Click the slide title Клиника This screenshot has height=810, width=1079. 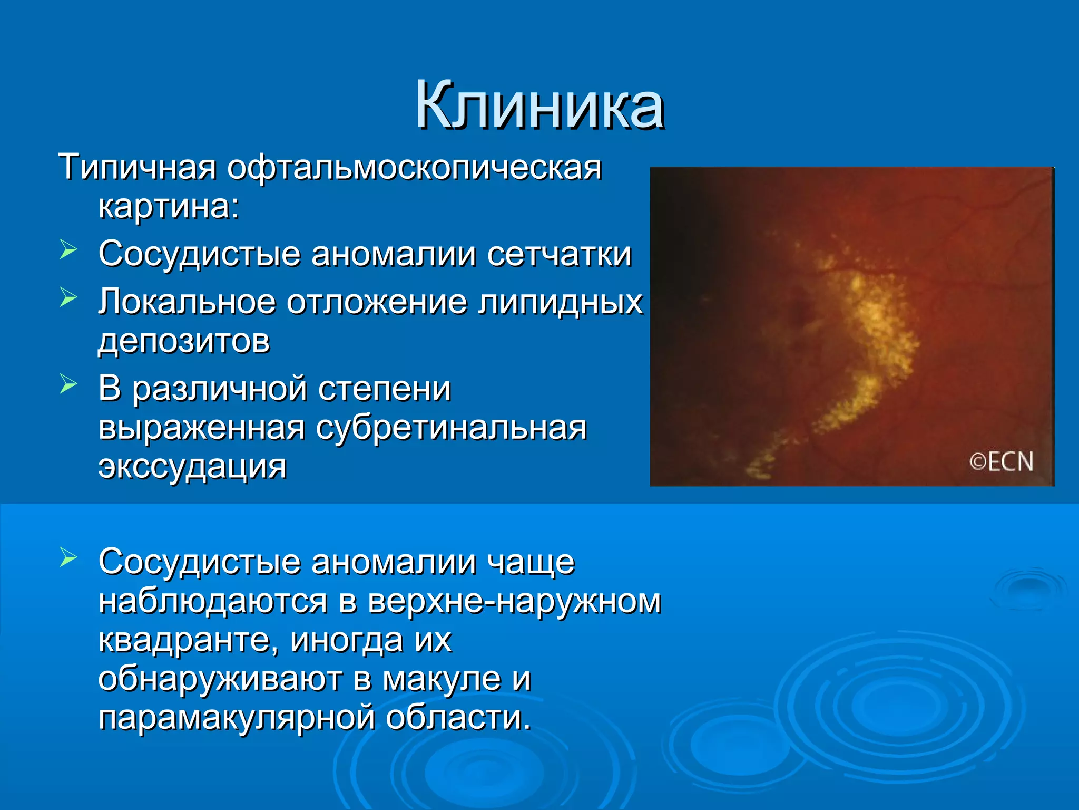coord(539,105)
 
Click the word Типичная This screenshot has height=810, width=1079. coord(137,168)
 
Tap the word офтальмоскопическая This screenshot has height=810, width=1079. coord(414,168)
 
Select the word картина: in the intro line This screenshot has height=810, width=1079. coord(169,207)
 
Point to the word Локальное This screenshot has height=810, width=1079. coord(187,303)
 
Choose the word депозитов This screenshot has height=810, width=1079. coord(184,342)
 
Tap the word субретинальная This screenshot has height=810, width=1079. coord(451,428)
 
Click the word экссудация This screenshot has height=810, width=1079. coord(192,467)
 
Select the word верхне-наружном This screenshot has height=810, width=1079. coord(514,602)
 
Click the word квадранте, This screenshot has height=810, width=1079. coord(188,640)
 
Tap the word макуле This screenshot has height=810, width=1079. coord(442,679)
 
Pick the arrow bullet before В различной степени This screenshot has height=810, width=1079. coord(68,384)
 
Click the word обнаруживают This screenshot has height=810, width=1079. coord(220,679)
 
